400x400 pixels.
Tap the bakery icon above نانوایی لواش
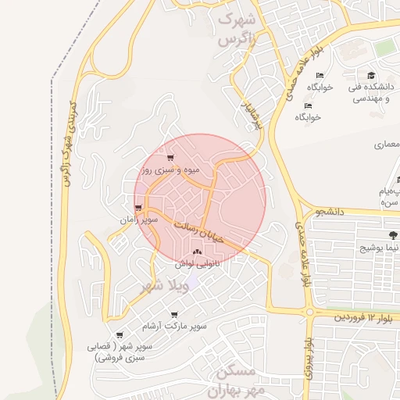196,252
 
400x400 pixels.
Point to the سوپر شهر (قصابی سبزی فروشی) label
123,351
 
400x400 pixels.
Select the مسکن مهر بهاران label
237,380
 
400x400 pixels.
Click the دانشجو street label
330,212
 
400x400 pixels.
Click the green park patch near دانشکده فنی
384,48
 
